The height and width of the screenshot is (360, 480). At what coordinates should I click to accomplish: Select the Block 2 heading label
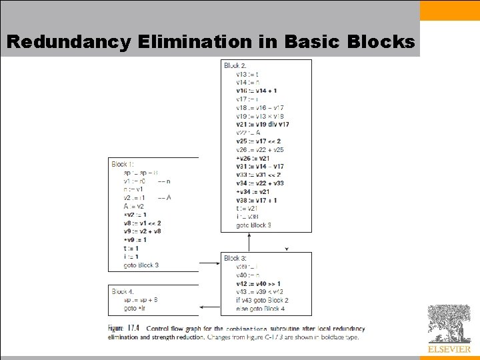click(235, 65)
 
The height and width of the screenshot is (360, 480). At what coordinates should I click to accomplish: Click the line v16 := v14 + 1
click(257, 90)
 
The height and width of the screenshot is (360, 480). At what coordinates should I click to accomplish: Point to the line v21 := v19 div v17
click(263, 124)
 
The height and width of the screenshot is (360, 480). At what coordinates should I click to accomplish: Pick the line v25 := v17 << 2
click(258, 141)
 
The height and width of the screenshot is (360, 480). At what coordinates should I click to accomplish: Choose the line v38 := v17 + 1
click(257, 200)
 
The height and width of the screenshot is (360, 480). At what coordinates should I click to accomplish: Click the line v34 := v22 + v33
click(259, 183)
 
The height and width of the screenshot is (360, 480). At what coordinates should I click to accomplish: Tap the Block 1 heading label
click(123, 164)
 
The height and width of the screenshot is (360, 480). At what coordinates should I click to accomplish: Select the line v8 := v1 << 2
click(142, 223)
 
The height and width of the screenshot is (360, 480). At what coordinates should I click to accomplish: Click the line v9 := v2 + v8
click(142, 231)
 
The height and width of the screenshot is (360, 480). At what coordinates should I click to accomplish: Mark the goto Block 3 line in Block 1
click(141, 265)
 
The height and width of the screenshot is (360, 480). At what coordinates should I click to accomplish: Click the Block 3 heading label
click(235, 258)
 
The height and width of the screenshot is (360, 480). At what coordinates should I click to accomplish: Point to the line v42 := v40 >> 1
click(258, 283)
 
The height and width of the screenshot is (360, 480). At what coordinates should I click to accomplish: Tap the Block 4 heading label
click(123, 291)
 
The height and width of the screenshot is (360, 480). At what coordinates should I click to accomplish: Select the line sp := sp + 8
click(140, 300)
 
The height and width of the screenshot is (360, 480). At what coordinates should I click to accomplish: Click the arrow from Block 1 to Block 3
click(209, 263)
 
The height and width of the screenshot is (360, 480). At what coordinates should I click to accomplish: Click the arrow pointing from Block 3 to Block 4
click(210, 307)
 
